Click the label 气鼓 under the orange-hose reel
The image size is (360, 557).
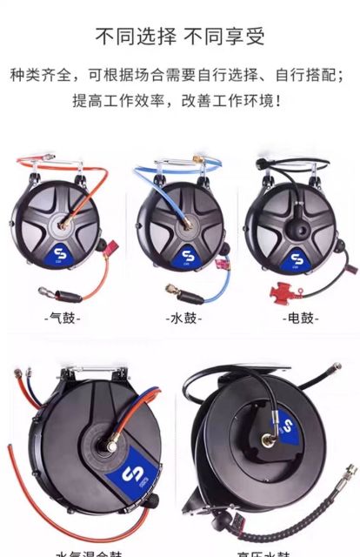[63, 319]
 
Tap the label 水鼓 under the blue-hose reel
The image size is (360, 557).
[183, 319]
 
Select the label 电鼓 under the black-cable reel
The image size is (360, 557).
[301, 319]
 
